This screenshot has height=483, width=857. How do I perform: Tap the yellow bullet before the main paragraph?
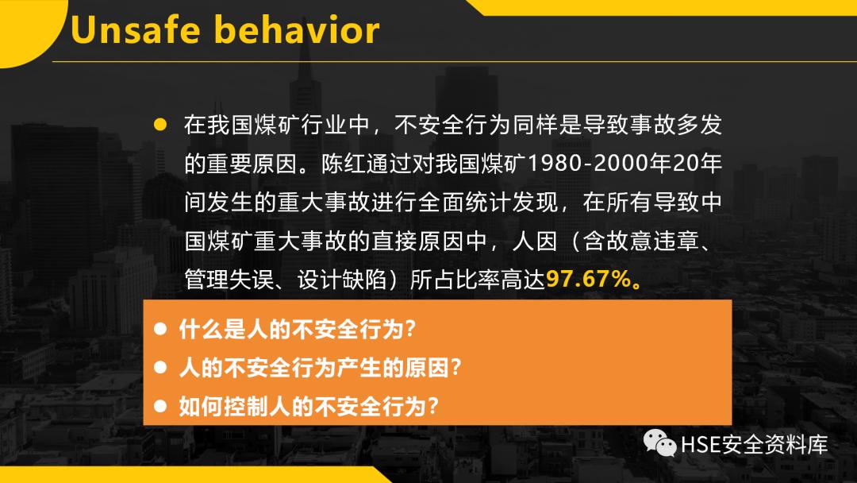pos(160,125)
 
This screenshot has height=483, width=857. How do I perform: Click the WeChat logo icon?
pos(659,442)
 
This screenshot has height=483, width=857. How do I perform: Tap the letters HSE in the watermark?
pos(700,443)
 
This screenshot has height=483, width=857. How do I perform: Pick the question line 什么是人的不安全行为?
pos(298,328)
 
